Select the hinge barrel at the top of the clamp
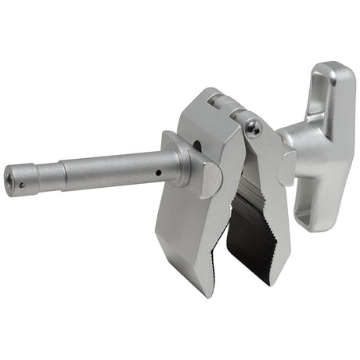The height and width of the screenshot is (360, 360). click(x=216, y=103)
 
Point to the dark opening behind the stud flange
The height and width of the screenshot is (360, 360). click(x=196, y=145)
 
